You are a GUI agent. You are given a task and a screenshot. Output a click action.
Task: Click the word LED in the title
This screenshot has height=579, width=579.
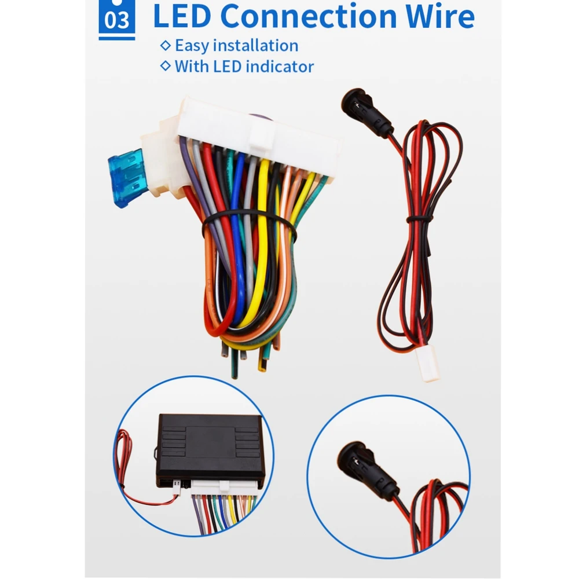click(x=182, y=16)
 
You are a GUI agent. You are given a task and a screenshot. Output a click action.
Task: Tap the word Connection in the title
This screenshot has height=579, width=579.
click(x=308, y=16)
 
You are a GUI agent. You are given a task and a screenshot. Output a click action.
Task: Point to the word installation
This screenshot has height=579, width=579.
click(x=255, y=45)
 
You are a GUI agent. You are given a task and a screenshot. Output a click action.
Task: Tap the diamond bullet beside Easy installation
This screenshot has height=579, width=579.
click(x=166, y=45)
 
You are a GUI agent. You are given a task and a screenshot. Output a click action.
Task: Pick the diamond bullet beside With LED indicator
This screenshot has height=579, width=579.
click(x=166, y=66)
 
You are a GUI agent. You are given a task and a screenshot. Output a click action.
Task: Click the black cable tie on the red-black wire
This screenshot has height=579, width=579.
click(x=419, y=219)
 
